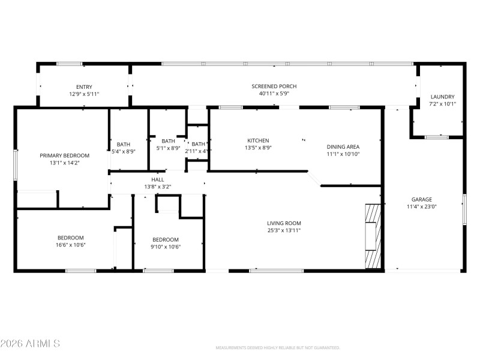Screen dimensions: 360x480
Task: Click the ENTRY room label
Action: click(84, 87)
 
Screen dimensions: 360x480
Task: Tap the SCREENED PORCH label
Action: click(274, 86)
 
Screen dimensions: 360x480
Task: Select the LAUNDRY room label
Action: click(442, 97)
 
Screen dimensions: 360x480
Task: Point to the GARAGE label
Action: click(421, 199)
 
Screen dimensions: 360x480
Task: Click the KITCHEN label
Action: click(258, 140)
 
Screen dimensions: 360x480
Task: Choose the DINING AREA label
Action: click(343, 146)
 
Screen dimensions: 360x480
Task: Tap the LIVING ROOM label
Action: click(284, 223)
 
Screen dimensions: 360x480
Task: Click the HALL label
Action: click(158, 179)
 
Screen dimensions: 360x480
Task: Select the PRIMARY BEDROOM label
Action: click(64, 155)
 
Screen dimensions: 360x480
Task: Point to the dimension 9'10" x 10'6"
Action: click(165, 247)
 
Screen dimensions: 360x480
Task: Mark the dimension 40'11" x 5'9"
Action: click(274, 94)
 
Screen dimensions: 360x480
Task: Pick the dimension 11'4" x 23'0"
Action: click(421, 207)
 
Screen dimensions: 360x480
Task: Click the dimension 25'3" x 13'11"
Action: click(284, 230)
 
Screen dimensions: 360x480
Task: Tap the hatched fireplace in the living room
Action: click(373, 236)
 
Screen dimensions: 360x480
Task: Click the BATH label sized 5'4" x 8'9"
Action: click(123, 144)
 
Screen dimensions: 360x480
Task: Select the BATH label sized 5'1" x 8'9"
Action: click(168, 141)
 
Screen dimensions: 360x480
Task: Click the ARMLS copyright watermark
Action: click(30, 344)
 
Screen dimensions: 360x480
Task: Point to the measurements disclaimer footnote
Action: click(277, 348)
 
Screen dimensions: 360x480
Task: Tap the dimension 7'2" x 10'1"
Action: click(442, 104)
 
